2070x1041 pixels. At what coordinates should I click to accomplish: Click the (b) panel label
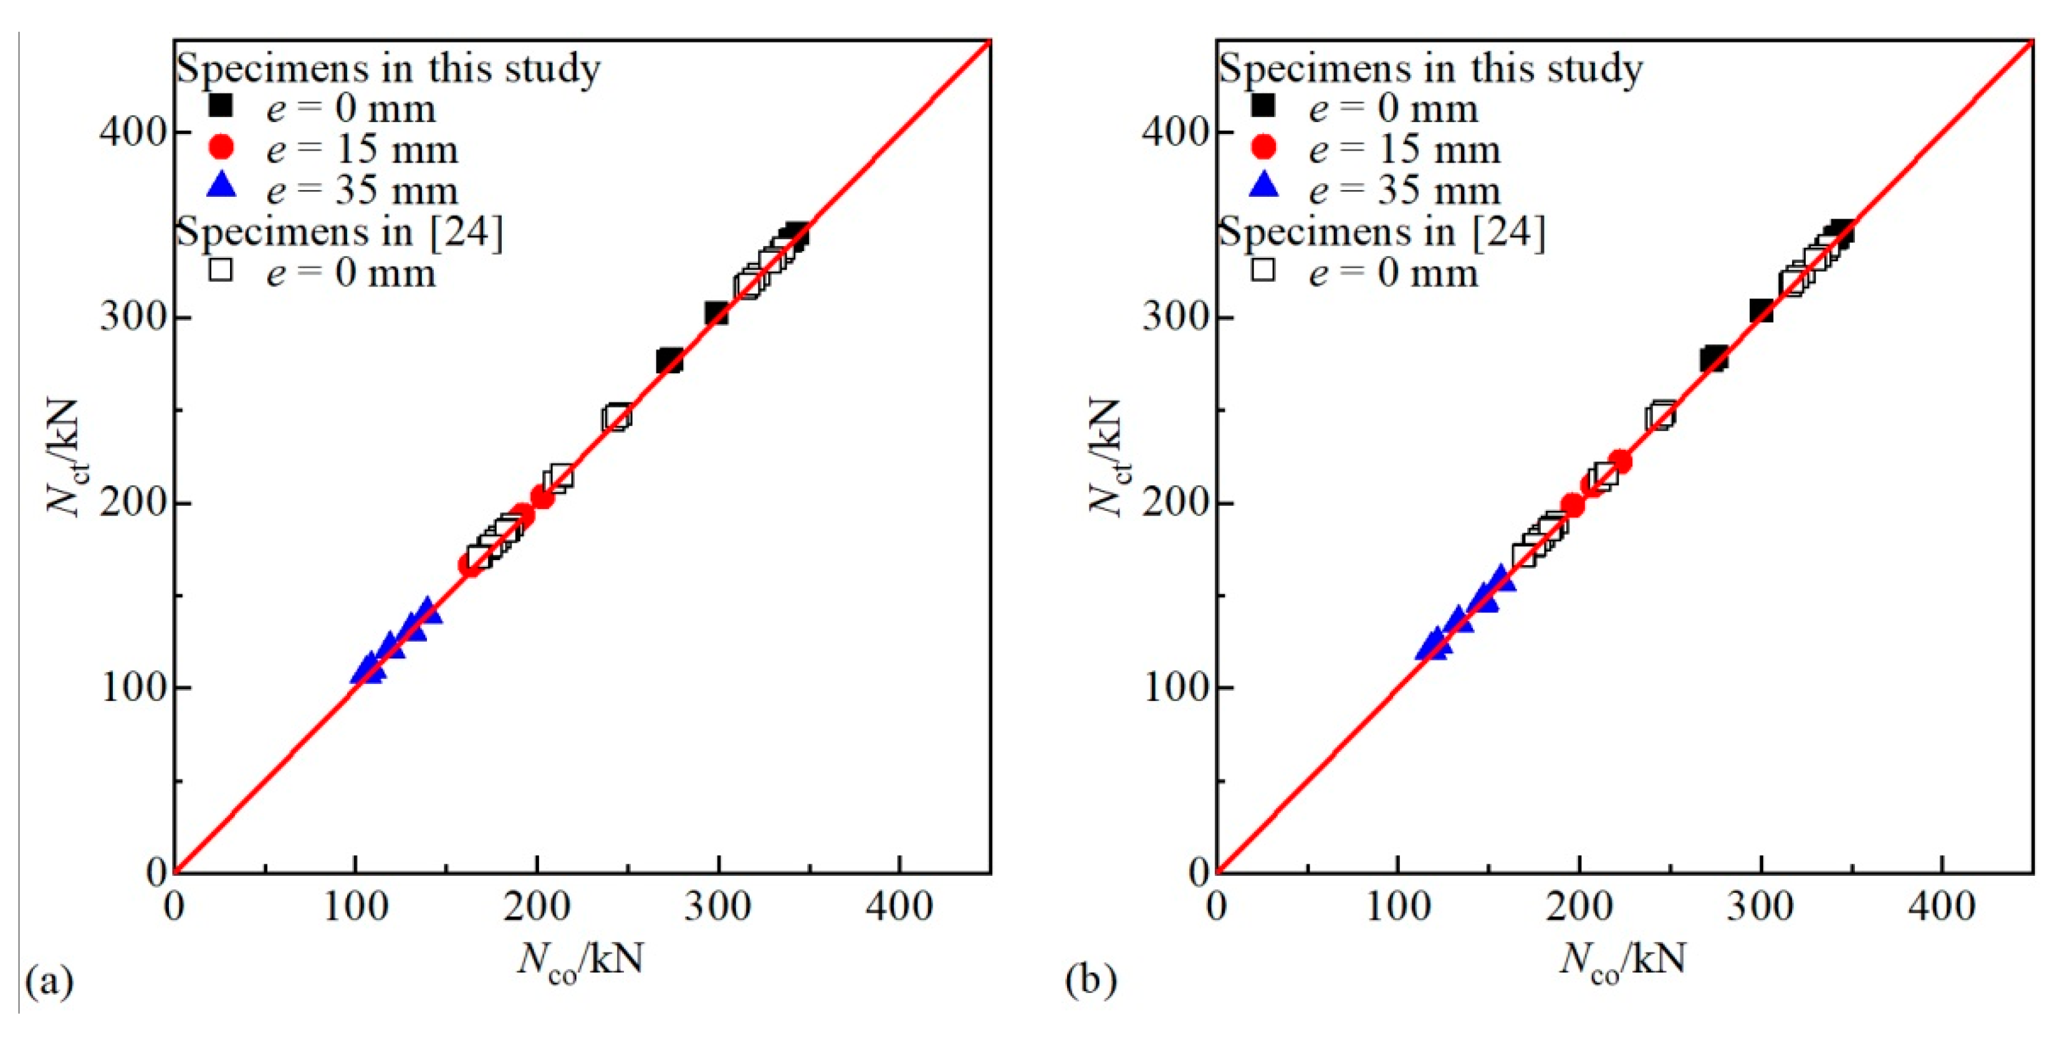(1090, 981)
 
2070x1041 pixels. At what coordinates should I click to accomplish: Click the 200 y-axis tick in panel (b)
(1175, 503)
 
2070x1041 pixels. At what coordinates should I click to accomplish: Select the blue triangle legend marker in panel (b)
(1263, 186)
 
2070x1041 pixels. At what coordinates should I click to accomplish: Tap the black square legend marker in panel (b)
(1263, 105)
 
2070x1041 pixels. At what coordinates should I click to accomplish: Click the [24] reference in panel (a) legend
(466, 232)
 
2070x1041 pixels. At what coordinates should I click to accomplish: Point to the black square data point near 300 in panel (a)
(716, 313)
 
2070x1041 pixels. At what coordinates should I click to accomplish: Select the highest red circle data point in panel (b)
(1620, 461)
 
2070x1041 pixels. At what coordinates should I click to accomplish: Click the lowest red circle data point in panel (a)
(470, 564)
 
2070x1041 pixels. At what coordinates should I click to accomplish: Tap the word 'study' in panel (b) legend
(1594, 69)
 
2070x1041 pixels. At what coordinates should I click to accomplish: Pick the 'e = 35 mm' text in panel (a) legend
(362, 191)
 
